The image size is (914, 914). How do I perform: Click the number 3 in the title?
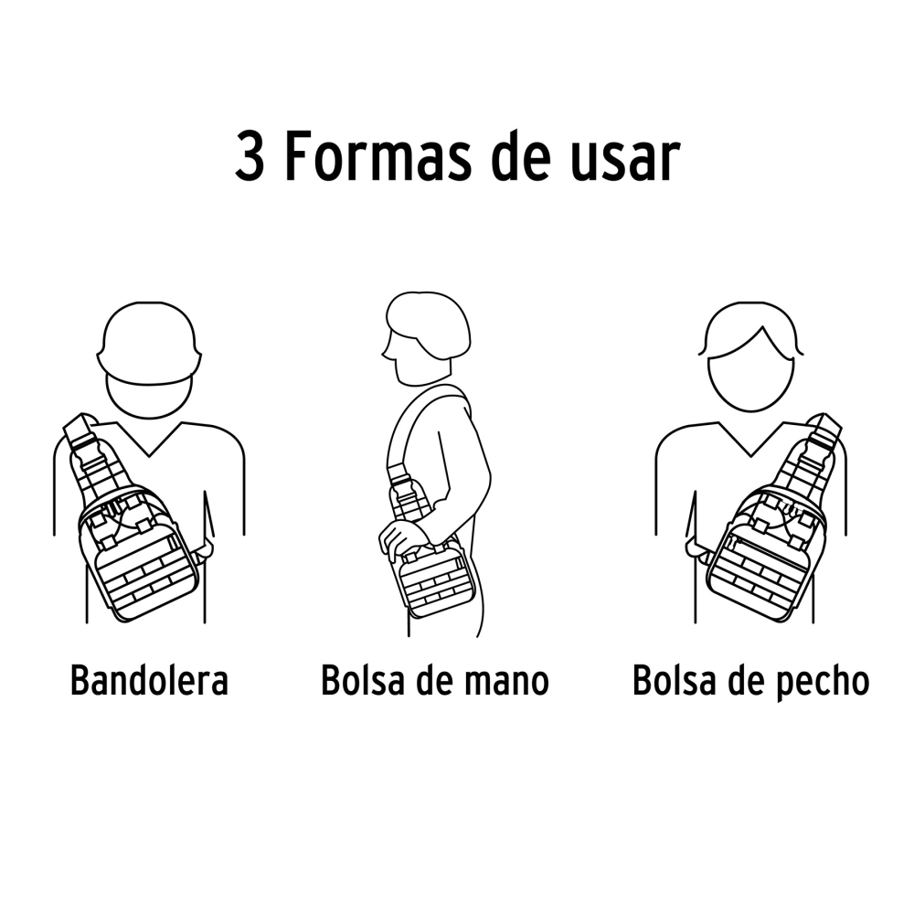point(250,157)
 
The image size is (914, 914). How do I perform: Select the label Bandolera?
point(149,681)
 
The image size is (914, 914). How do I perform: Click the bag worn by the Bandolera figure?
point(137,548)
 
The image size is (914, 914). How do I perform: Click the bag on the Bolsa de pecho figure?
point(763,548)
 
